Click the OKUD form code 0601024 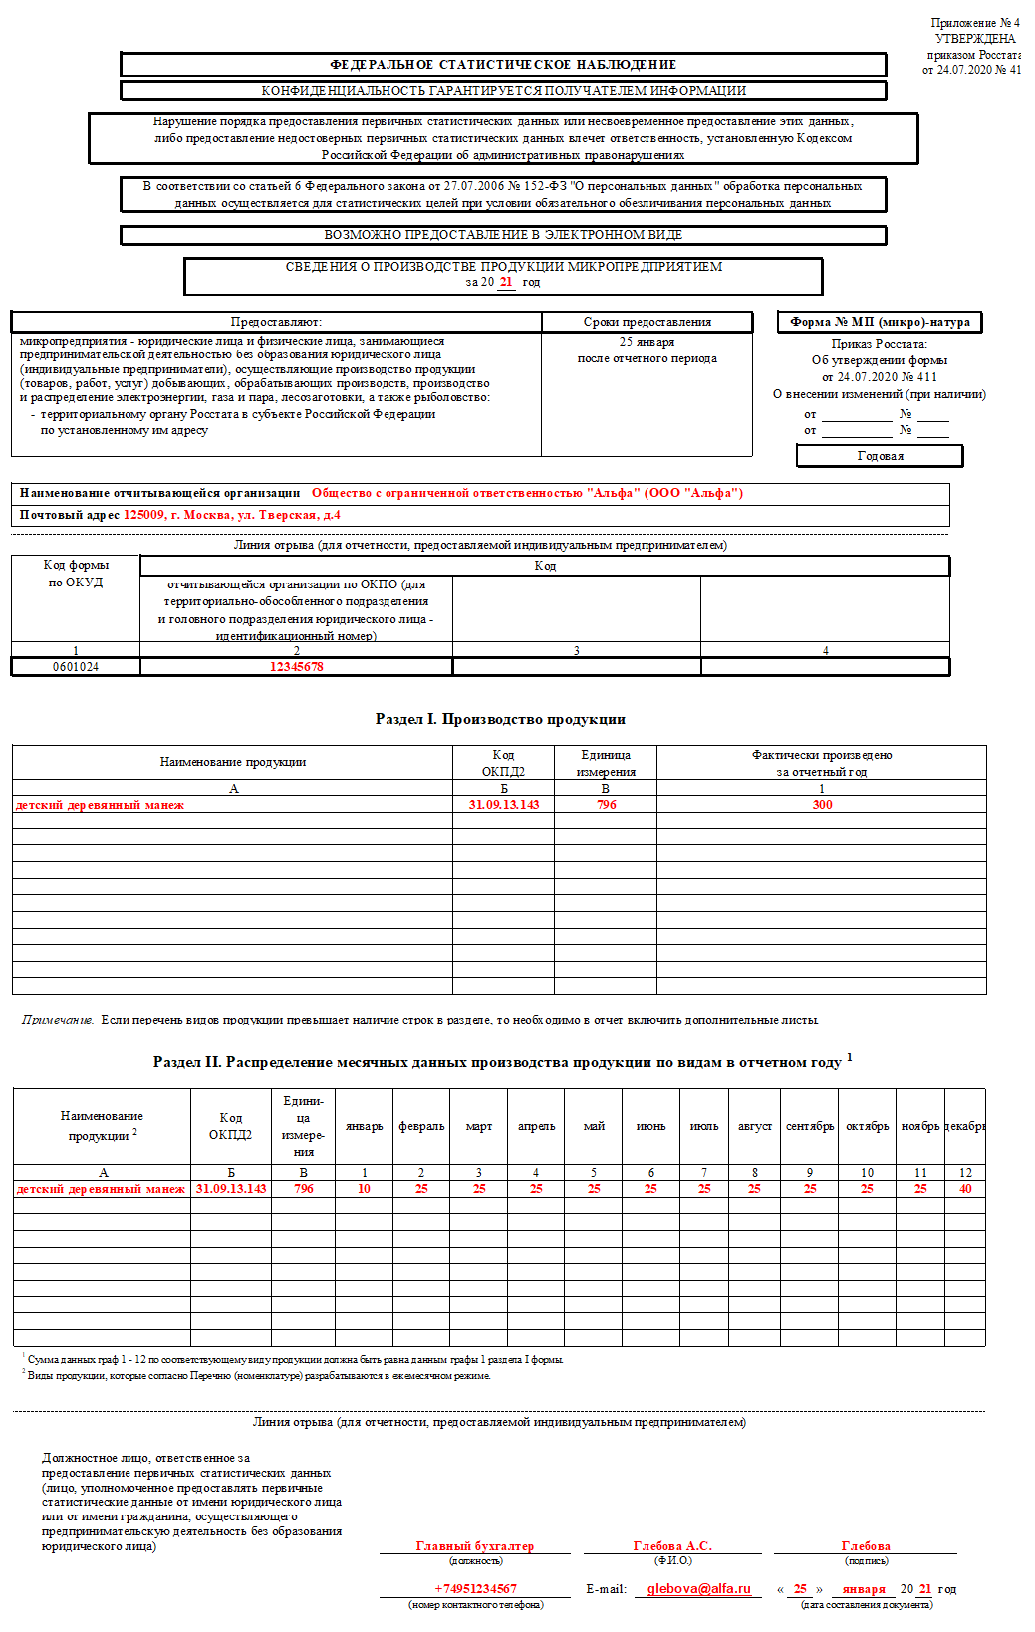[x=76, y=667]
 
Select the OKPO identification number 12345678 [x=296, y=667]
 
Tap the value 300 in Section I [x=822, y=805]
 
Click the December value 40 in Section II [x=965, y=1189]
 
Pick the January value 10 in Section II [x=364, y=1189]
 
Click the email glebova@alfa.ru [x=698, y=1589]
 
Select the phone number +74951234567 [x=475, y=1589]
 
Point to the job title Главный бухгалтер [x=474, y=1546]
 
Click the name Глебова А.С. [x=672, y=1546]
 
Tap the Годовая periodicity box [x=880, y=456]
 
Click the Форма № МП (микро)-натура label [x=880, y=322]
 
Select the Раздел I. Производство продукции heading [x=500, y=719]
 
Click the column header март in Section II [x=479, y=1126]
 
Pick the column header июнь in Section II [x=650, y=1126]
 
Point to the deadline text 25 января [x=647, y=342]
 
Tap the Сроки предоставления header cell [x=647, y=322]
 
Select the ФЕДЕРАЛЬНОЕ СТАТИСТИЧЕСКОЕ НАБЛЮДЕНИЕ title [x=503, y=65]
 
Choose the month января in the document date [x=863, y=1589]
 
